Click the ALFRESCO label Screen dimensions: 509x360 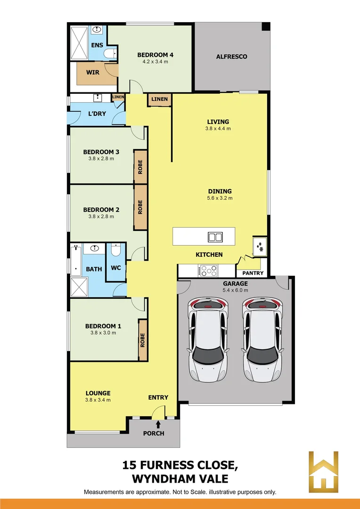click(x=231, y=57)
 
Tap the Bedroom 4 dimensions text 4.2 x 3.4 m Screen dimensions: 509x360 click(x=153, y=62)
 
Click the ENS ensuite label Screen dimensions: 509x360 click(x=97, y=45)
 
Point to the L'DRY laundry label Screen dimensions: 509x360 click(x=97, y=114)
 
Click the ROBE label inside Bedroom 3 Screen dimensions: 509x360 click(x=140, y=167)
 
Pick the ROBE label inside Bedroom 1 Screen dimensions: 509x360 click(x=142, y=340)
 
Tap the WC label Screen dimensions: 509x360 click(x=116, y=268)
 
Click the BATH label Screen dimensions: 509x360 click(x=94, y=269)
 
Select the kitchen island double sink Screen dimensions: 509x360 click(x=215, y=237)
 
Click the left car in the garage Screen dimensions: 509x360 click(x=207, y=339)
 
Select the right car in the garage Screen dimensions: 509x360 click(x=262, y=339)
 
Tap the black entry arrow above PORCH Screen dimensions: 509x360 click(x=158, y=425)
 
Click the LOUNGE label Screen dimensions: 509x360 click(x=98, y=393)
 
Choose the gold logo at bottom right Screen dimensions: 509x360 click(x=323, y=472)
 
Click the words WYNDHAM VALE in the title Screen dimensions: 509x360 click(x=180, y=479)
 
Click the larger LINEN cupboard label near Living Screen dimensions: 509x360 click(x=159, y=99)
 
